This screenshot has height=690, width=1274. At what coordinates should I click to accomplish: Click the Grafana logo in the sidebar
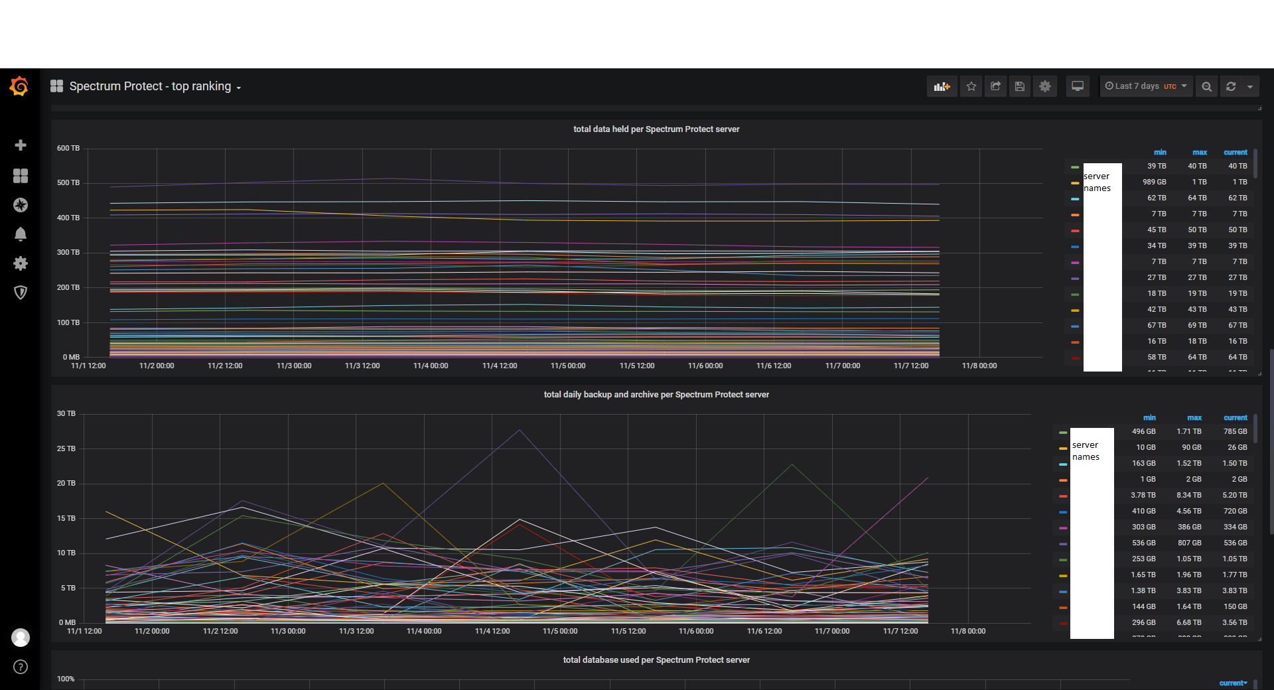19,86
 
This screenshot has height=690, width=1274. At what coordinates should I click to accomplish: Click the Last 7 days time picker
1145,86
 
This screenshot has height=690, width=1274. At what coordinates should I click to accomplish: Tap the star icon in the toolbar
971,86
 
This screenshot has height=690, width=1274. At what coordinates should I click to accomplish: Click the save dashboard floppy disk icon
1020,86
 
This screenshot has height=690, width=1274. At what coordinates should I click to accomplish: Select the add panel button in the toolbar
942,86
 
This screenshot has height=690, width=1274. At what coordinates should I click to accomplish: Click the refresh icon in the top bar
1231,86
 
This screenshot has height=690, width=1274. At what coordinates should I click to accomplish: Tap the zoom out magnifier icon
1207,86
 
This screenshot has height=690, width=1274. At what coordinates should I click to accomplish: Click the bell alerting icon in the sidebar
21,234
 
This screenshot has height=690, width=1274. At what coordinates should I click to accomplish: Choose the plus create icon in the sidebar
21,145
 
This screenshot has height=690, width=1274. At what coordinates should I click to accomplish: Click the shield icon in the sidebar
21,293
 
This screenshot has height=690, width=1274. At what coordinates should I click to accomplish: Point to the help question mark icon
21,667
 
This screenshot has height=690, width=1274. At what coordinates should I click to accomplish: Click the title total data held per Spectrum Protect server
656,129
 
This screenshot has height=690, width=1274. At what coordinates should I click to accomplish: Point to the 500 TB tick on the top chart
68,182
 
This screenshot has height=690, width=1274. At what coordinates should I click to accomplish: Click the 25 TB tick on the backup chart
66,448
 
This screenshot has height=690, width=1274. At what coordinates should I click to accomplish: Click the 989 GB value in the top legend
1155,182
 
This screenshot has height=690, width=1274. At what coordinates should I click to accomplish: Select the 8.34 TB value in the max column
1189,495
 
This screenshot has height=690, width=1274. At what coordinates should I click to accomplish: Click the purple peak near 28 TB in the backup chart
520,430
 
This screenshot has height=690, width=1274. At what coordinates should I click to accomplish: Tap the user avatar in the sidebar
21,638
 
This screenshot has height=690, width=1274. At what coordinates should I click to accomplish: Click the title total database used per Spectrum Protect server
656,660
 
